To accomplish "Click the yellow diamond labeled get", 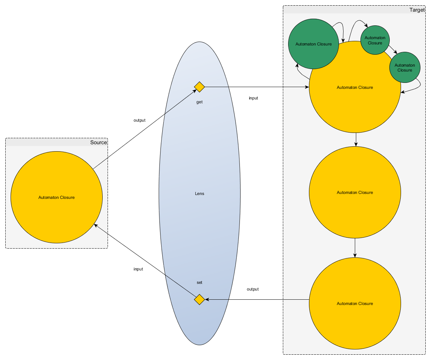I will coord(199,87).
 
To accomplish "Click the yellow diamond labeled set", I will coord(199,299).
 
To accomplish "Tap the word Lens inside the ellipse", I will coord(199,194).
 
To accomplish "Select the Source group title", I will coord(98,142).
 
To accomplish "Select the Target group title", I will coord(417,10).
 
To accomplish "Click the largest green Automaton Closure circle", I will coord(313,44).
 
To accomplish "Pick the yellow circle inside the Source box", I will coord(56,197).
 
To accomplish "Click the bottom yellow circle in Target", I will coord(355,303).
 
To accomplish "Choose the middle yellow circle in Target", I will coord(355,193).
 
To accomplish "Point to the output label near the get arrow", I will coord(139,120).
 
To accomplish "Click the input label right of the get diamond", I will coord(253,98).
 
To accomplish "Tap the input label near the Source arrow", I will coord(138,269).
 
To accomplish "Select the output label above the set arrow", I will coord(253,289).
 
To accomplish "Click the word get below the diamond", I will coord(199,102).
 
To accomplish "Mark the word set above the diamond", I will coord(199,282).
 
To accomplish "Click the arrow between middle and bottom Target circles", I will coord(355,248).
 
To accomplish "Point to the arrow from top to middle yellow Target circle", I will coord(356,139).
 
